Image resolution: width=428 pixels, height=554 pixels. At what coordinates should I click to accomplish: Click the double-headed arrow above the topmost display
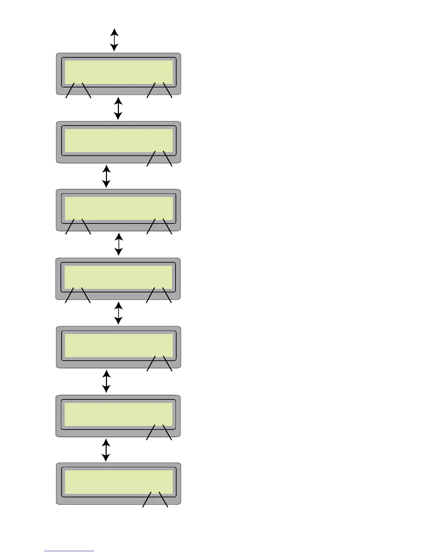pyautogui.click(x=114, y=40)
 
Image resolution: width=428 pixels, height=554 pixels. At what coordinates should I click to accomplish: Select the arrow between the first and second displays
pyautogui.click(x=118, y=108)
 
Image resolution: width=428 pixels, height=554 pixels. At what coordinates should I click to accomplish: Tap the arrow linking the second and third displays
pyautogui.click(x=106, y=176)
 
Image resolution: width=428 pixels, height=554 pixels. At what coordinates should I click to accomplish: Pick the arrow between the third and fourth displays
pyautogui.click(x=119, y=244)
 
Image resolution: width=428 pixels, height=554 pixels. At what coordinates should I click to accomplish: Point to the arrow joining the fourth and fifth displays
pyautogui.click(x=119, y=313)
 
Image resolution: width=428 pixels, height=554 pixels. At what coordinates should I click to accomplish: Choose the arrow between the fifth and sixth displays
pyautogui.click(x=106, y=382)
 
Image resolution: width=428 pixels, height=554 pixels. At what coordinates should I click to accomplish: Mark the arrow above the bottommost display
pyautogui.click(x=106, y=450)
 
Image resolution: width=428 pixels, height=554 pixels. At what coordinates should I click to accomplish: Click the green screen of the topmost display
pyautogui.click(x=119, y=72)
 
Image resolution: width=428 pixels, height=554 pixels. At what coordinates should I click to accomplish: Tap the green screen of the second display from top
pyautogui.click(x=119, y=140)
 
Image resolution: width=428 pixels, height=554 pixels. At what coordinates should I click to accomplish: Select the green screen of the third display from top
pyautogui.click(x=119, y=208)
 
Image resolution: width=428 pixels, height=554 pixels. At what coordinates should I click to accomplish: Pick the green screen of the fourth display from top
pyautogui.click(x=118, y=277)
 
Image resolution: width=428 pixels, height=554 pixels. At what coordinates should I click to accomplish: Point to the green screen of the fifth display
pyautogui.click(x=119, y=346)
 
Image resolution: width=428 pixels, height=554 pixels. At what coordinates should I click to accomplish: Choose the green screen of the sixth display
pyautogui.click(x=118, y=414)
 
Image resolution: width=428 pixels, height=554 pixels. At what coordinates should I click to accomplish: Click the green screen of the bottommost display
pyautogui.click(x=119, y=482)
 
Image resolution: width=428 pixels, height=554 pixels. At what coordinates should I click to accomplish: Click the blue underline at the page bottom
pyautogui.click(x=69, y=551)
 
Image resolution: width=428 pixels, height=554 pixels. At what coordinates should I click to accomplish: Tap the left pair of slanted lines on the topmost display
pyautogui.click(x=78, y=90)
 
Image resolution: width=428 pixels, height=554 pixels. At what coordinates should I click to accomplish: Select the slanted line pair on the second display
pyautogui.click(x=159, y=158)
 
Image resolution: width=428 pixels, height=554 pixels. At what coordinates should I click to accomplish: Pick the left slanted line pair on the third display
pyautogui.click(x=78, y=227)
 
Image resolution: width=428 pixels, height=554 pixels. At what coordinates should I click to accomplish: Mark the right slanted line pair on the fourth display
pyautogui.click(x=159, y=295)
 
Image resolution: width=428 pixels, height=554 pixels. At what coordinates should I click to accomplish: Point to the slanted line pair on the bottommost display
pyautogui.click(x=155, y=499)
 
